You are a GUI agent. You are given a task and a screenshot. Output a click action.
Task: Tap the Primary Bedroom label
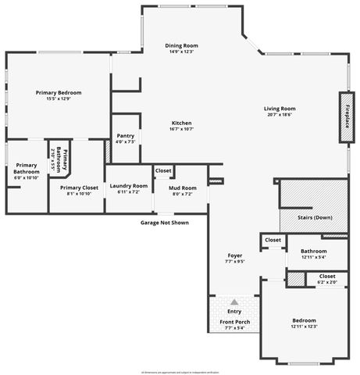tap(59, 92)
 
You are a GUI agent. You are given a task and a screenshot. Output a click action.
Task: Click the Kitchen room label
tap(182, 123)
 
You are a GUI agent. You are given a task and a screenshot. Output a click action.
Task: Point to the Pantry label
tap(125, 137)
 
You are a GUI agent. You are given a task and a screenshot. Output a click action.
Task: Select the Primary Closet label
tap(80, 188)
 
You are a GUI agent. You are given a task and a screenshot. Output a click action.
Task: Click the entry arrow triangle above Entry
tap(234, 301)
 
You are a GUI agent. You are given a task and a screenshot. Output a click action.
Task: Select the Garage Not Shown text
tap(165, 223)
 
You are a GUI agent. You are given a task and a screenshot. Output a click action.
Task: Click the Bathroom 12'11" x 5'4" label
tap(314, 251)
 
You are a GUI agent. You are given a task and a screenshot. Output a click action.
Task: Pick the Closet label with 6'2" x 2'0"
tap(326, 276)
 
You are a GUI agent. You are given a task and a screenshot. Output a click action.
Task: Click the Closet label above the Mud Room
tap(163, 170)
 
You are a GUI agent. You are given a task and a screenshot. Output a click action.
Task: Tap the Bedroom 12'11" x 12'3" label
tap(304, 320)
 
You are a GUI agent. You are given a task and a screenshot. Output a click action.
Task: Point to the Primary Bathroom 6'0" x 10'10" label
tap(26, 169)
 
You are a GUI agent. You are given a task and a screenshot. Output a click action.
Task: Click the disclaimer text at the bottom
tap(180, 371)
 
